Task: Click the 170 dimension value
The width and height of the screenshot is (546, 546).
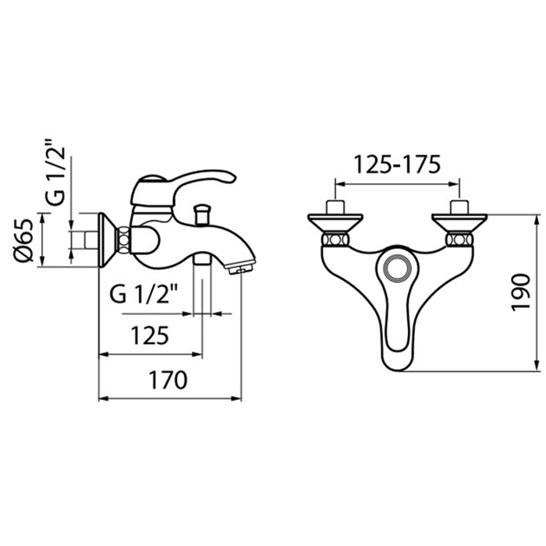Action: pos(168,381)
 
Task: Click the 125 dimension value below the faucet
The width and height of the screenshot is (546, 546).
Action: pos(150,335)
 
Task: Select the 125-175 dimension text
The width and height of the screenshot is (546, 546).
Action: pos(397,165)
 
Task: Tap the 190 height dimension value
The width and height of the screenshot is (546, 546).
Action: pos(520,292)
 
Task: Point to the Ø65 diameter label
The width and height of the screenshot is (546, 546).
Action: pos(23,240)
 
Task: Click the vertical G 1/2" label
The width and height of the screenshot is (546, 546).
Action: pos(55,172)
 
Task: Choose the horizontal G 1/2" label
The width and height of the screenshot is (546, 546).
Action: pos(144,295)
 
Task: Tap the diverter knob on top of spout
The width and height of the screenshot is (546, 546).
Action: pos(202,214)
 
